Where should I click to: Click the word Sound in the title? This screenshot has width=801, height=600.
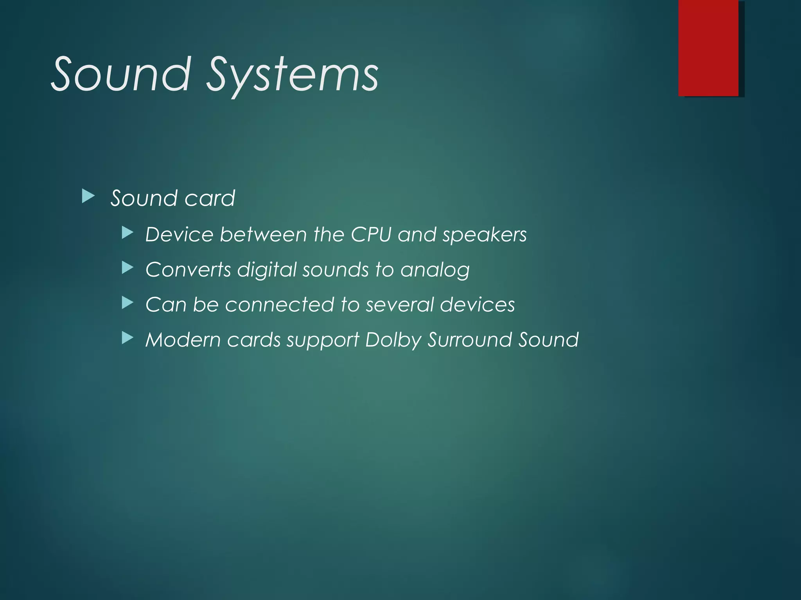pos(121,74)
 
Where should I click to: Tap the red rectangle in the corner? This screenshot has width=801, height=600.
pos(708,48)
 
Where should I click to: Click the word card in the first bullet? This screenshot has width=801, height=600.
pos(210,198)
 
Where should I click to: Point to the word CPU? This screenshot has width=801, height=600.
pos(371,235)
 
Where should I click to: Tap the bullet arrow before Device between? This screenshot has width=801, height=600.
pos(128,233)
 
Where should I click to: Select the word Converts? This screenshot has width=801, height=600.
pos(188,270)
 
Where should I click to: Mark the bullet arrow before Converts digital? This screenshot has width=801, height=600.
pos(128,268)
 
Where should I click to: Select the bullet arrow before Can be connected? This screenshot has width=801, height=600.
pos(128,303)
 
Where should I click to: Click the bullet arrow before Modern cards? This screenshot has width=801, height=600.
pos(128,338)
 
